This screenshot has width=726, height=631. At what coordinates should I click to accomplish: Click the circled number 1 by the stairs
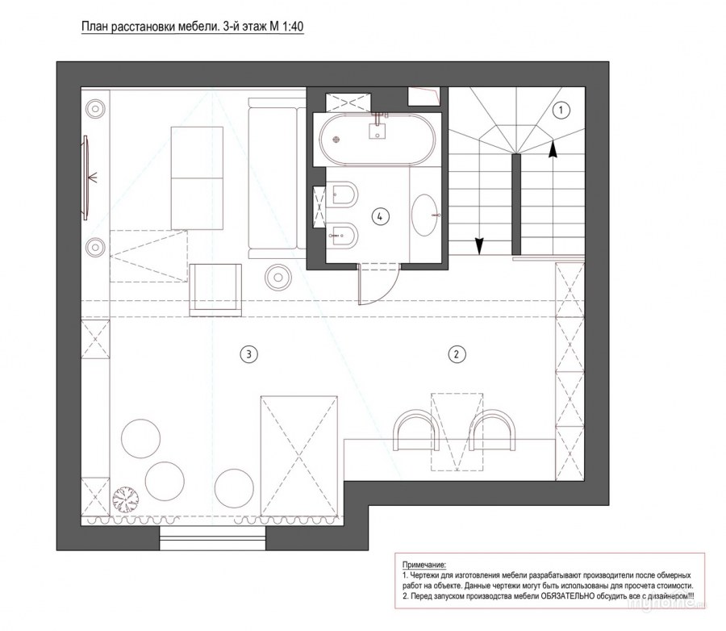pos(561,111)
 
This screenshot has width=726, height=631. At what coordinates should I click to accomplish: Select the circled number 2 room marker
pos(457,354)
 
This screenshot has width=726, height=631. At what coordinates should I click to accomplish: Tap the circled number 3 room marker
pos(248,354)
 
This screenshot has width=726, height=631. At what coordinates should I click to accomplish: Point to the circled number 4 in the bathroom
pos(381,216)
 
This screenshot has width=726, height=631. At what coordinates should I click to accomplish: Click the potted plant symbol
pos(126,499)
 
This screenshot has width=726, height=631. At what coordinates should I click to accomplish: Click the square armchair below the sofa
pos(215,290)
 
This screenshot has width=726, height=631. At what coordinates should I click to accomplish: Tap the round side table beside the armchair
pos(278,277)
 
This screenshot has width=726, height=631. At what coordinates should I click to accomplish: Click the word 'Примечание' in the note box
pos(424,565)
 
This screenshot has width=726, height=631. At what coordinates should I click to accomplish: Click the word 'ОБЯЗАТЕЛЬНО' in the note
pos(567,595)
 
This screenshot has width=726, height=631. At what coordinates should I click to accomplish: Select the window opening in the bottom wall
pos(213,538)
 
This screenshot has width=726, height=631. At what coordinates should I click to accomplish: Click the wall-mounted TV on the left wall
pos(86,178)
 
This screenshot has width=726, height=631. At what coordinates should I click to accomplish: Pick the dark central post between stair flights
pos(516,204)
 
